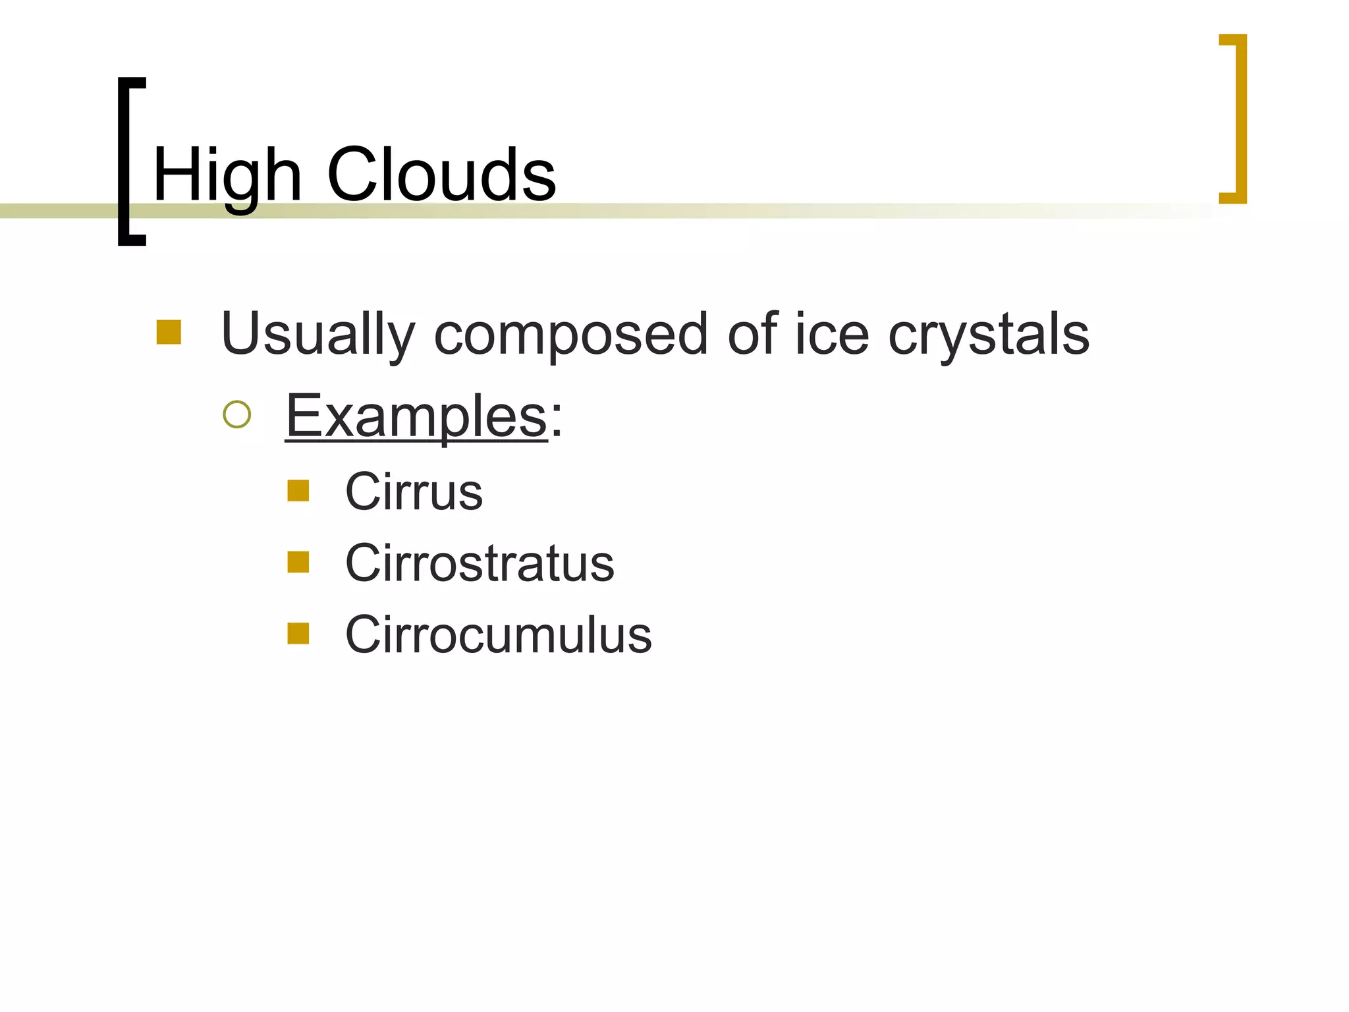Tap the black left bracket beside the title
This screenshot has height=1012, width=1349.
[124, 161]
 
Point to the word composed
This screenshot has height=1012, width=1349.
[570, 335]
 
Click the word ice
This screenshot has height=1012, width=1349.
[831, 335]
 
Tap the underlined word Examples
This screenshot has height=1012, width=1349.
[416, 416]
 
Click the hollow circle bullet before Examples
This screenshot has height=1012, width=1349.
[237, 415]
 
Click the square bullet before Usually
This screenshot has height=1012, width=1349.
[169, 332]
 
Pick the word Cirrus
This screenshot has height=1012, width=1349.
[414, 492]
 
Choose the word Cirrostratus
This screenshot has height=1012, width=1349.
[480, 563]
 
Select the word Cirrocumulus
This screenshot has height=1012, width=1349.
[498, 634]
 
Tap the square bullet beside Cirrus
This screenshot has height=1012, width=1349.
[298, 491]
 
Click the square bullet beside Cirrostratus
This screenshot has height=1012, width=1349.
[298, 562]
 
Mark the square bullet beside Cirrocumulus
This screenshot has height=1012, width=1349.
[298, 633]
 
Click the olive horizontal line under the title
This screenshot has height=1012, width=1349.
[725, 211]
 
